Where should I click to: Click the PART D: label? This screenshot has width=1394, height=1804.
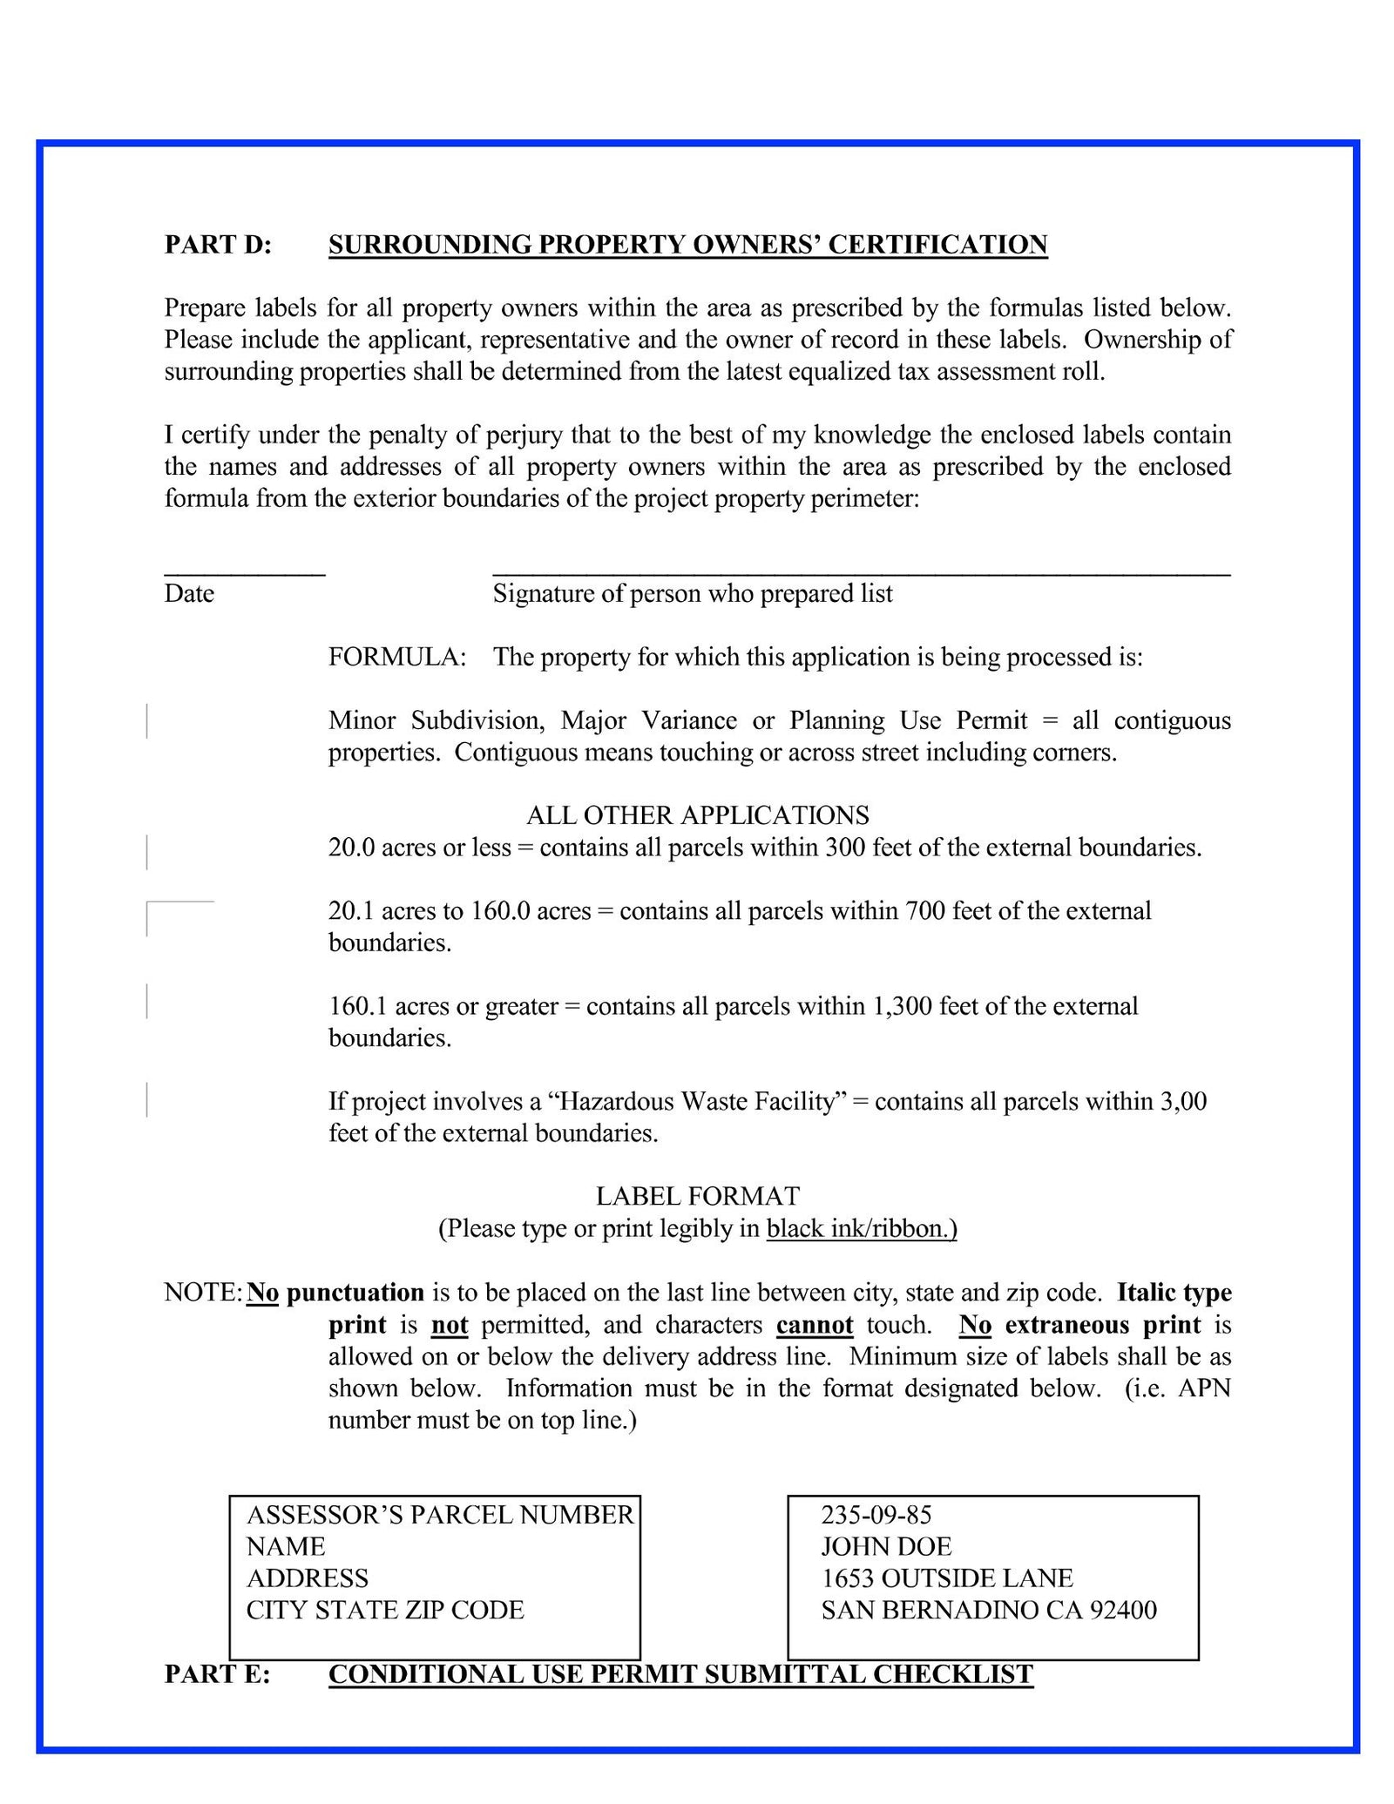click(218, 245)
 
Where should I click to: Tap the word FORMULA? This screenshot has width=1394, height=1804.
click(396, 657)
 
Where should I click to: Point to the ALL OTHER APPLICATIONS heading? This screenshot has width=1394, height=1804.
click(697, 815)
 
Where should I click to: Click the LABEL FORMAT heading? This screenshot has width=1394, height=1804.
click(697, 1197)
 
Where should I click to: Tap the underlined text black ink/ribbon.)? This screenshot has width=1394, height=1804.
click(861, 1229)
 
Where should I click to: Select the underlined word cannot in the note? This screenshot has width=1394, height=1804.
click(814, 1325)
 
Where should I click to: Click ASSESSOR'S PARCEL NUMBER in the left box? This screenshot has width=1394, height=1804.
click(440, 1515)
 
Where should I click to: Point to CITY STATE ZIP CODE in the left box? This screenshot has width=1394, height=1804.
click(385, 1610)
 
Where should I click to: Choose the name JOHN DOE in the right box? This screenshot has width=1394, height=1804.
click(886, 1546)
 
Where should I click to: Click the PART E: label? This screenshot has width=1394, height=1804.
click(217, 1674)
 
